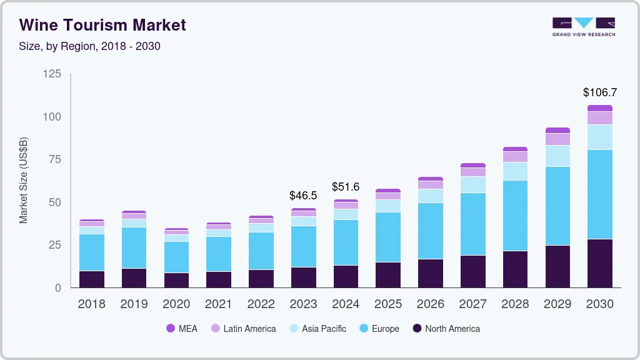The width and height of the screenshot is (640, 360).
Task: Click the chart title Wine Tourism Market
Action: tap(102, 25)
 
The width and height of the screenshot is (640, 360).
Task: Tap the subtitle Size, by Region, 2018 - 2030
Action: tap(89, 46)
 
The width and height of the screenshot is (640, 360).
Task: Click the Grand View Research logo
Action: tap(583, 26)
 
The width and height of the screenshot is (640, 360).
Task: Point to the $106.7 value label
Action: tap(599, 92)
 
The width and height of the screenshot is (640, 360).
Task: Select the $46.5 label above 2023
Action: tap(303, 196)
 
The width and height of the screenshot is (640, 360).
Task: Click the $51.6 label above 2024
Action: tap(346, 187)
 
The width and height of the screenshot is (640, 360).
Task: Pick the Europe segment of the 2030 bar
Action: tap(600, 194)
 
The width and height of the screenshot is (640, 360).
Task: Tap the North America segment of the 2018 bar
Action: tap(92, 279)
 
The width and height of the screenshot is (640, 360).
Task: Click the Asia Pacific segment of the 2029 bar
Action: tap(557, 156)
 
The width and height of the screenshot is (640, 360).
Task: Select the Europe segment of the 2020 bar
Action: tap(176, 257)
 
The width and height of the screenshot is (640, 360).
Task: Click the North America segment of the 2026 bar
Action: tap(431, 273)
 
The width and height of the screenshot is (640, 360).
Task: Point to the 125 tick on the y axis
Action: tap(52, 74)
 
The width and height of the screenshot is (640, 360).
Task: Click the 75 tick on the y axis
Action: tap(55, 159)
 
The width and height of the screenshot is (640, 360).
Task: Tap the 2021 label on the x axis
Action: tap(219, 304)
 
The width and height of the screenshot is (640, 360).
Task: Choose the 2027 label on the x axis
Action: tap(473, 304)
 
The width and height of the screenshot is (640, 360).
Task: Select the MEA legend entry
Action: tap(182, 329)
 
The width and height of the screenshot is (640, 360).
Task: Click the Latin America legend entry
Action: tap(243, 329)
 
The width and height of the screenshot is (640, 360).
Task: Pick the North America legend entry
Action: tap(446, 329)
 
